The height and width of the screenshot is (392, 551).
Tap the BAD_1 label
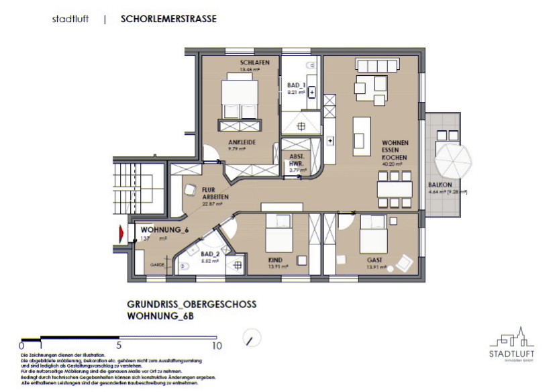[296, 85]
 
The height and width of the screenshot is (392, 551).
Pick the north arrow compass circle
[252, 338]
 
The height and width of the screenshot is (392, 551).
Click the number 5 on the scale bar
[119, 346]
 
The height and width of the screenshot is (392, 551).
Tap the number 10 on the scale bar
[216, 346]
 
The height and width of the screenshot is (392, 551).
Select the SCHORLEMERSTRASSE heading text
[168, 19]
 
